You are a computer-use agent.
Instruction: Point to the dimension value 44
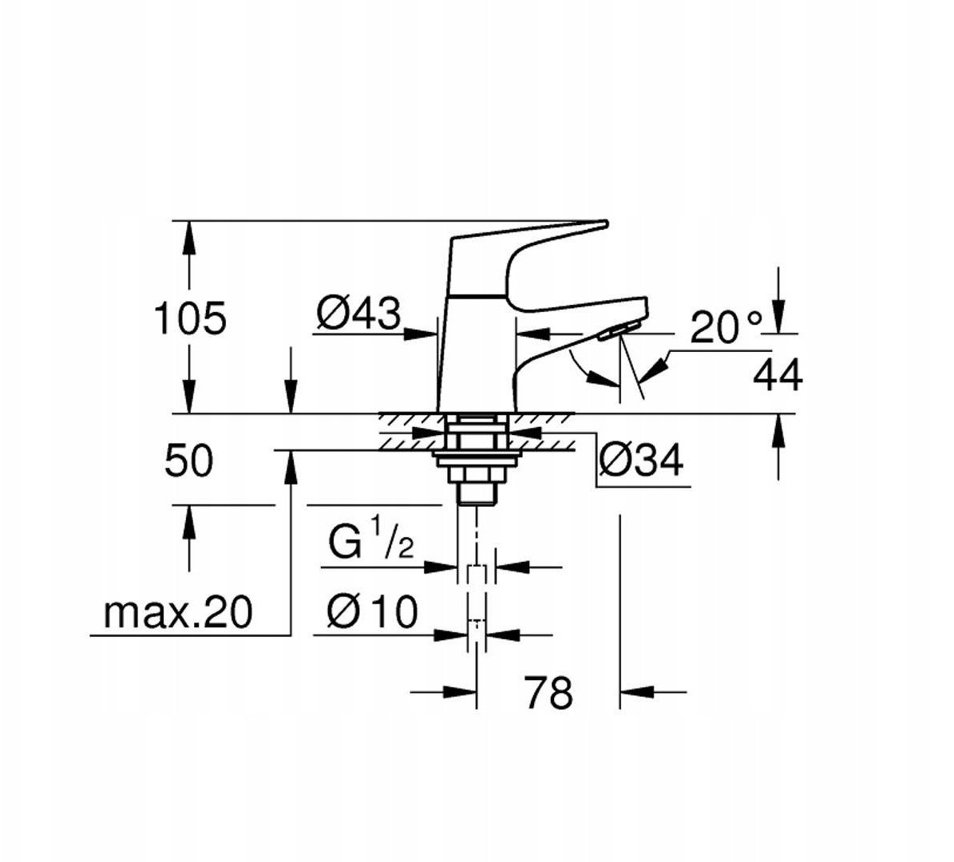(x=778, y=375)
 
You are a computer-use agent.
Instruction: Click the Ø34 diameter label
(x=640, y=461)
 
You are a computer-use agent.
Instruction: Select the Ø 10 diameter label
(x=371, y=613)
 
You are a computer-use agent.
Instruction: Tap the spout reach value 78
(x=548, y=692)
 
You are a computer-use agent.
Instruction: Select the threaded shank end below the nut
(x=476, y=494)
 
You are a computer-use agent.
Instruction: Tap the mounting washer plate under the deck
(x=477, y=457)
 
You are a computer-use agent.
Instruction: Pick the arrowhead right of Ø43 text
(x=422, y=334)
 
